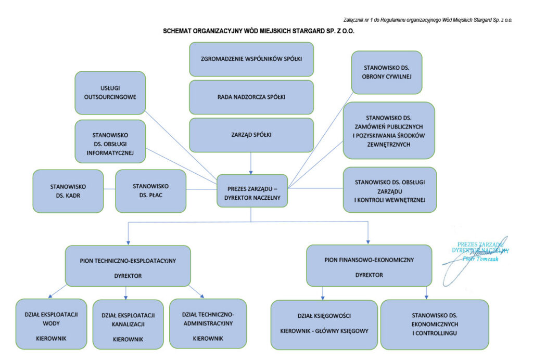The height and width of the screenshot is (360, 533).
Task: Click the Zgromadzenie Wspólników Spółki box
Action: (x=251, y=59)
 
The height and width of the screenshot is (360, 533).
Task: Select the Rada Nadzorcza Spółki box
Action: (x=251, y=97)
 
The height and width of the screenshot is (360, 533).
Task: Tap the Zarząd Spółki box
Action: (x=251, y=135)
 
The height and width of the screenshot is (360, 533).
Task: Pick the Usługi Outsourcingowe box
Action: (x=110, y=93)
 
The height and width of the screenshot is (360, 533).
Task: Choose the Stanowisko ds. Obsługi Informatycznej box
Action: (x=110, y=141)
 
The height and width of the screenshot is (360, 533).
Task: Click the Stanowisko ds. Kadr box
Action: (x=68, y=191)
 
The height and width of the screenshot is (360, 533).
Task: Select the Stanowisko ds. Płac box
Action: (x=150, y=191)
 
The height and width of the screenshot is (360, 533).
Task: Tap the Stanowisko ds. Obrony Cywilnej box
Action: (x=386, y=72)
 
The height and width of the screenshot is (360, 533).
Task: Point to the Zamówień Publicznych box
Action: (x=388, y=131)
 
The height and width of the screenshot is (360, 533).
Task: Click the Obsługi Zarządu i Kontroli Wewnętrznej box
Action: (x=390, y=190)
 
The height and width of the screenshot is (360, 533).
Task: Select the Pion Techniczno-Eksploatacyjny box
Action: (x=128, y=266)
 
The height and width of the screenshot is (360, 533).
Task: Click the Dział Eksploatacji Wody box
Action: (x=51, y=324)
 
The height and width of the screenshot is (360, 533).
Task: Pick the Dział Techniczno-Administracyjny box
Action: (x=208, y=324)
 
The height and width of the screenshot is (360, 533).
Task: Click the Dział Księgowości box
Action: (x=324, y=324)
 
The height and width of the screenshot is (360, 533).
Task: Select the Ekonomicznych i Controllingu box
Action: (x=435, y=324)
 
